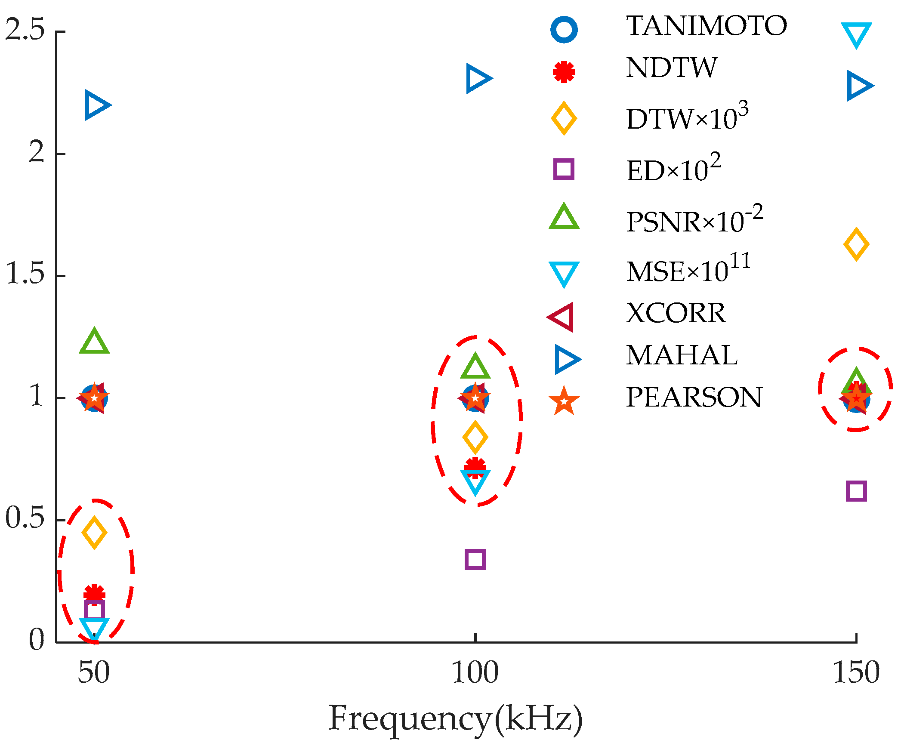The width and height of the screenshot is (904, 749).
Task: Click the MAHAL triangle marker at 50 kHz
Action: [x=97, y=105]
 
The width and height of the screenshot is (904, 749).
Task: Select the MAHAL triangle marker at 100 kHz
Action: [x=478, y=78]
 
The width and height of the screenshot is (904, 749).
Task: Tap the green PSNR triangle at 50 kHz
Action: [x=94, y=341]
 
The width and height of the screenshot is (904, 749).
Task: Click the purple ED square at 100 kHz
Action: [x=475, y=560]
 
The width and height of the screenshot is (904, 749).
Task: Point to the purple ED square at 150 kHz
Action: [x=856, y=491]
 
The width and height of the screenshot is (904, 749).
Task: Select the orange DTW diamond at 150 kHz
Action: [x=856, y=244]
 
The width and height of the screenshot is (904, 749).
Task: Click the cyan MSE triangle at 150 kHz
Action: [x=856, y=35]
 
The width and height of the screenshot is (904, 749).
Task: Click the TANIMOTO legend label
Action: [x=707, y=26]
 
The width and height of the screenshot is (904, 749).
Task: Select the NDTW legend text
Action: [x=672, y=68]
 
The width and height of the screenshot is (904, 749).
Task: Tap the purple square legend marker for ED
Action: [x=564, y=169]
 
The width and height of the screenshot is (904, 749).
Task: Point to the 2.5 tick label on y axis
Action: [x=25, y=30]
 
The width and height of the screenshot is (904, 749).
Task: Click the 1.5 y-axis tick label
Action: [x=25, y=274]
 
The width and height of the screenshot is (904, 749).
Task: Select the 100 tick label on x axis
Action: [x=475, y=673]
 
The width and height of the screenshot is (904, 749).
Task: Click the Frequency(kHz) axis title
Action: [x=456, y=718]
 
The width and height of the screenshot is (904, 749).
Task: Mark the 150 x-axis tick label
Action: [x=856, y=673]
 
